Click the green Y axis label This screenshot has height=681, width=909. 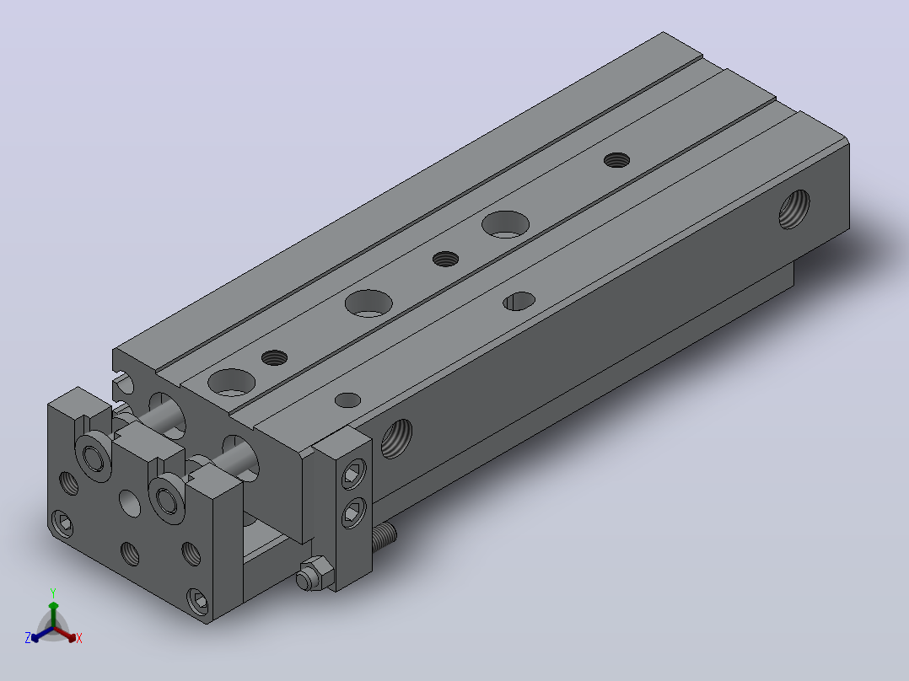click(x=53, y=593)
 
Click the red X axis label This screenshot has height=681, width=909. click(x=79, y=638)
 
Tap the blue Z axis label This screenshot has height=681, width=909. click(x=28, y=638)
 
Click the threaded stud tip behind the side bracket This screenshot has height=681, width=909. click(x=385, y=537)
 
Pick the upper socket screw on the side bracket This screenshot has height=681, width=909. click(x=353, y=474)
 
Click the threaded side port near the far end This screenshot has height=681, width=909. click(x=794, y=209)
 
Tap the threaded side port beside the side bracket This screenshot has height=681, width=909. click(x=396, y=439)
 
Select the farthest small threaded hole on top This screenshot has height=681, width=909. click(x=617, y=159)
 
